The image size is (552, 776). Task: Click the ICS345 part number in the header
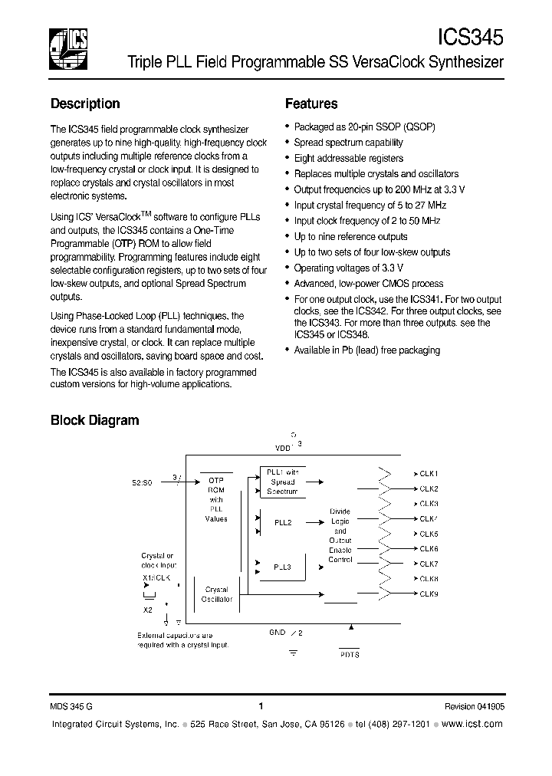tap(470, 37)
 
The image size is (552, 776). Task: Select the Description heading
tap(85, 104)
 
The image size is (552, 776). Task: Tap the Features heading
tap(311, 104)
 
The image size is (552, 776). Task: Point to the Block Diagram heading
tap(94, 419)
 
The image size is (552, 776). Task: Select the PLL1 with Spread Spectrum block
tap(282, 482)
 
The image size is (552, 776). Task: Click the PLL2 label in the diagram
tap(282, 522)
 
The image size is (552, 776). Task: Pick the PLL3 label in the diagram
tap(282, 567)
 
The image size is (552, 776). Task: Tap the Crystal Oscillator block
tap(217, 594)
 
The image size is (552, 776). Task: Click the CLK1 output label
tap(428, 474)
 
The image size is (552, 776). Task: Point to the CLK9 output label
tap(428, 594)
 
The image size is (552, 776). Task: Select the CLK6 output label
tap(428, 548)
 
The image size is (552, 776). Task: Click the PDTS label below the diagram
tap(349, 654)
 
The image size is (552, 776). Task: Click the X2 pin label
tap(146, 610)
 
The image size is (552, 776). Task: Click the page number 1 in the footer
tap(261, 707)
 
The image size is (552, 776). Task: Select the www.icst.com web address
tap(473, 725)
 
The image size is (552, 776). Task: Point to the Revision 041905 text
tap(474, 707)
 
